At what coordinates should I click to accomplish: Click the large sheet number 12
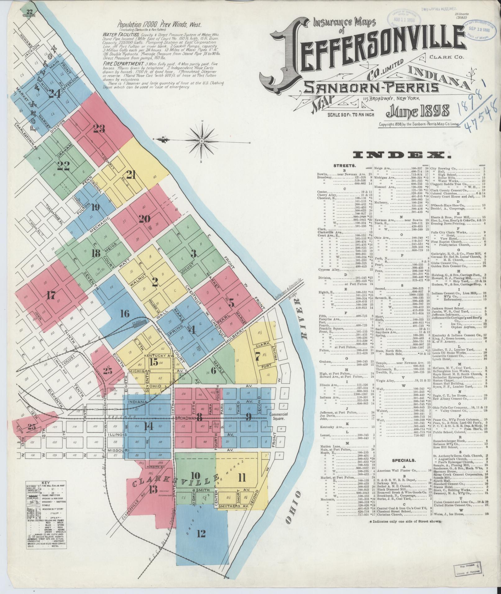pyautogui.click(x=201, y=533)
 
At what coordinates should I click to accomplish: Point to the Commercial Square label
pyautogui.click(x=278, y=416)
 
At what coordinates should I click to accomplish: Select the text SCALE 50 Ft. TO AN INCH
pyautogui.click(x=351, y=115)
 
